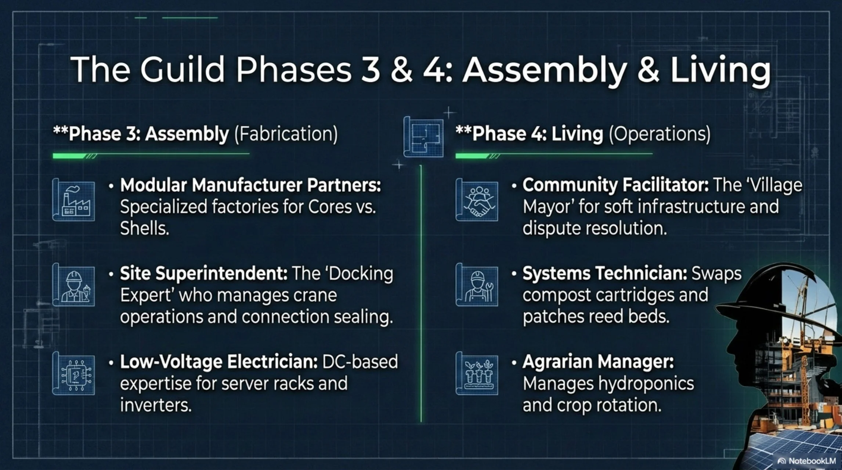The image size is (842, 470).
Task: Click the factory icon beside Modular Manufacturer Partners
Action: pyautogui.click(x=74, y=200)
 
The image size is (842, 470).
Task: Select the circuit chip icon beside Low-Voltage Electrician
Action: pyautogui.click(x=74, y=374)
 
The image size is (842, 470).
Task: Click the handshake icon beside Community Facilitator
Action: pyautogui.click(x=477, y=200)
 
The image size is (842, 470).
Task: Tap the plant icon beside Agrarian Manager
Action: pyautogui.click(x=477, y=374)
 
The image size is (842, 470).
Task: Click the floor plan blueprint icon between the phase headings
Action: pyautogui.click(x=424, y=137)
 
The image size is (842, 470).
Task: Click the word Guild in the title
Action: pyautogui.click(x=182, y=70)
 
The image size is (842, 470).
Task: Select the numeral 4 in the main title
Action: pyautogui.click(x=434, y=70)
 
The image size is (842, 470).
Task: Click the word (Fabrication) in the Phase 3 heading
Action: pyautogui.click(x=286, y=134)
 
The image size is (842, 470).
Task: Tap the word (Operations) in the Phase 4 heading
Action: pyautogui.click(x=659, y=134)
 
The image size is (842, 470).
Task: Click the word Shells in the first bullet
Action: pyautogui.click(x=144, y=228)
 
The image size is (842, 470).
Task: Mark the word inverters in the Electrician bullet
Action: pyautogui.click(x=156, y=405)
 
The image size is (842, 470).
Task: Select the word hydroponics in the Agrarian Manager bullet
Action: pyautogui.click(x=646, y=384)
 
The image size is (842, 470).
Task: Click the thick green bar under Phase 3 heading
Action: pyautogui.click(x=70, y=156)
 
